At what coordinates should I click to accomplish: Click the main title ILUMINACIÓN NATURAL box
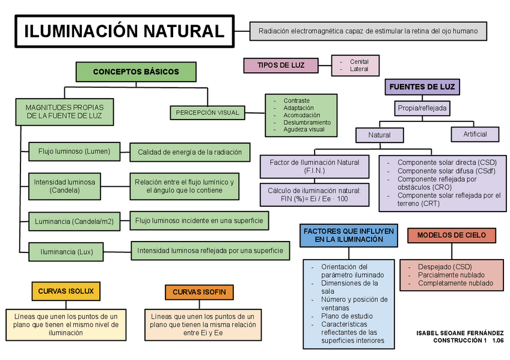123,31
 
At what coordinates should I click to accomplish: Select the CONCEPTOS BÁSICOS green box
136,72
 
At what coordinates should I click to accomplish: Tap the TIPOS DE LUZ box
280,65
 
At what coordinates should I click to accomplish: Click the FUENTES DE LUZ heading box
422,87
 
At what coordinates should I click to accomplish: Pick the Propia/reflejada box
422,108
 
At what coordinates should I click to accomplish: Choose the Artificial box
475,134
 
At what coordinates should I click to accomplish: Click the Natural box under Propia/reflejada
379,135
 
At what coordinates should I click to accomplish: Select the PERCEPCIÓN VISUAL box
207,112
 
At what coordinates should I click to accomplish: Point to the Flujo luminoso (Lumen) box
74,151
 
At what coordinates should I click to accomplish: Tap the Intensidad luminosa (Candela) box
64,186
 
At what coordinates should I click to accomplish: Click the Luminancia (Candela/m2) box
74,221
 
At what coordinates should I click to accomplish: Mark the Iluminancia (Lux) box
67,251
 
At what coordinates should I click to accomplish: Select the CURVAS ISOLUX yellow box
66,291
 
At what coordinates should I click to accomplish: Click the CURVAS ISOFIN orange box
199,292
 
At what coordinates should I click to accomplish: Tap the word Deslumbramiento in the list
307,122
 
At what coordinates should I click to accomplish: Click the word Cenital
359,61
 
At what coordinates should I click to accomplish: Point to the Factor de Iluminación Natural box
315,166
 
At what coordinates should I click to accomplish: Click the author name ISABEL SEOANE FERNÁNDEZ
459,332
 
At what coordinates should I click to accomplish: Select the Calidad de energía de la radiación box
189,152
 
